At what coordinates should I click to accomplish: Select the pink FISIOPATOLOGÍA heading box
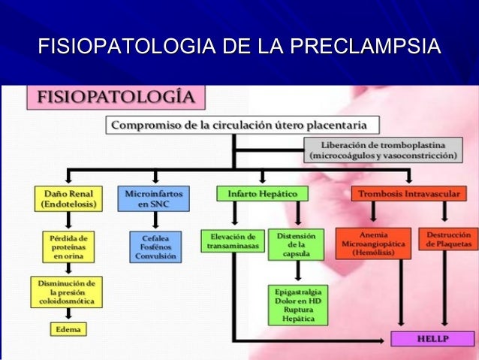(x=113, y=98)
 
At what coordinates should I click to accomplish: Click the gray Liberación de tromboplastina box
(x=382, y=150)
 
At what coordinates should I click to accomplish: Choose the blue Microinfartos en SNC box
(x=154, y=198)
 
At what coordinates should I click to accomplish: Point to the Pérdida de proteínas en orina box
(x=68, y=246)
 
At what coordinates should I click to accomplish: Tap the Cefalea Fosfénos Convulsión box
(x=154, y=246)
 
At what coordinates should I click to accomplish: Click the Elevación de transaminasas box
(x=232, y=241)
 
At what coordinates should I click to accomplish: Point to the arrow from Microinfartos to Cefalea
(x=154, y=219)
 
